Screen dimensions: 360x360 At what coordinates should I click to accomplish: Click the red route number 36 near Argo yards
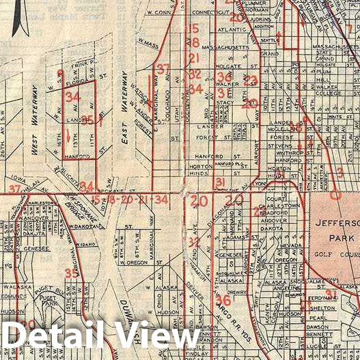coord(223,300)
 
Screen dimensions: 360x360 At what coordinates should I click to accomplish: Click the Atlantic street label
coord(232,30)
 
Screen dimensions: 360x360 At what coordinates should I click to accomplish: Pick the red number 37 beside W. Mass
coord(162,69)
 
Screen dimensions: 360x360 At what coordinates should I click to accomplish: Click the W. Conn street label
coord(158,12)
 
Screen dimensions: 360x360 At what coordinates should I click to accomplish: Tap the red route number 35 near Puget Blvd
coord(71,273)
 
